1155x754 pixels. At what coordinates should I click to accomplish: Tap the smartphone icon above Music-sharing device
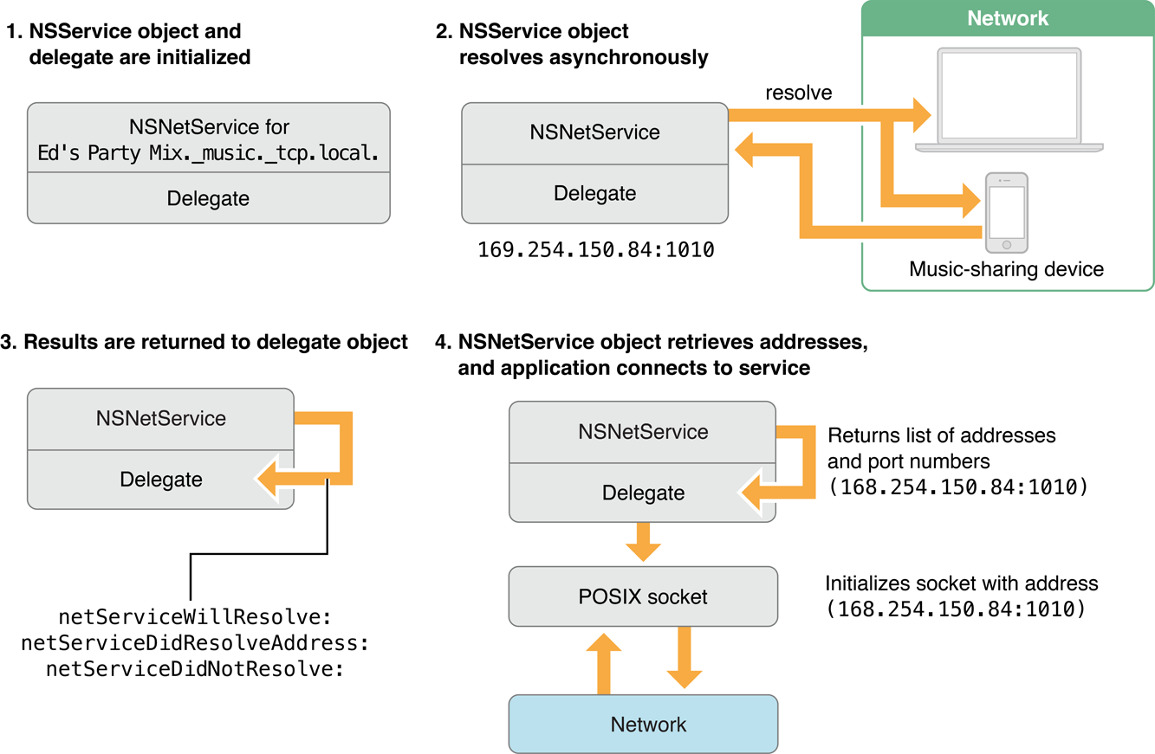[1006, 213]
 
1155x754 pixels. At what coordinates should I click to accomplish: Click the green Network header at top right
[1008, 19]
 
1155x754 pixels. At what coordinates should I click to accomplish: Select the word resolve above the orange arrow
[798, 93]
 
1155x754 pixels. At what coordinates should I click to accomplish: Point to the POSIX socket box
[642, 596]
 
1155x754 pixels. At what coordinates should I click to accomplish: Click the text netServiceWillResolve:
[195, 617]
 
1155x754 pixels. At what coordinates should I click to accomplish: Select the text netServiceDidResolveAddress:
[195, 642]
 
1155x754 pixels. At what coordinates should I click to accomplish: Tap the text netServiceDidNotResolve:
[195, 668]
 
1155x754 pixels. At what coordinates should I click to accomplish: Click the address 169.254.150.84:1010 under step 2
[595, 251]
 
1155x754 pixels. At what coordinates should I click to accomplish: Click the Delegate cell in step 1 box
[208, 198]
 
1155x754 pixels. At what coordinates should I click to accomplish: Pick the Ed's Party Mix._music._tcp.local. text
[208, 154]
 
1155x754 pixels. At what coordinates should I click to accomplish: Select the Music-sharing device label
[1006, 269]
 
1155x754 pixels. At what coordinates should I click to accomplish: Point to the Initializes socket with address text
[961, 583]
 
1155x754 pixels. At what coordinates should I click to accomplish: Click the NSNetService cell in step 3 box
[161, 419]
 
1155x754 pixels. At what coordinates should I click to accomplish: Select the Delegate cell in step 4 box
[642, 493]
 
